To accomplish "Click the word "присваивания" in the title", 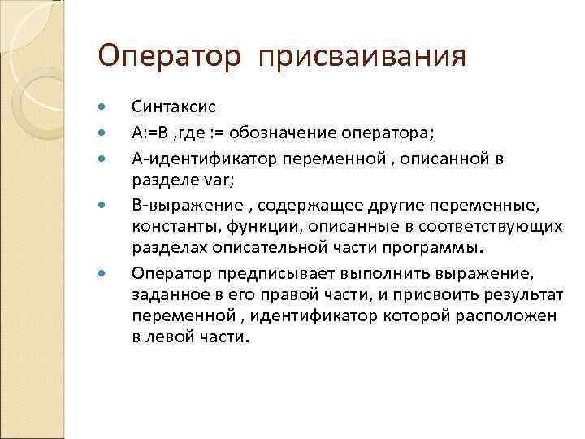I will coord(363,57).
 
